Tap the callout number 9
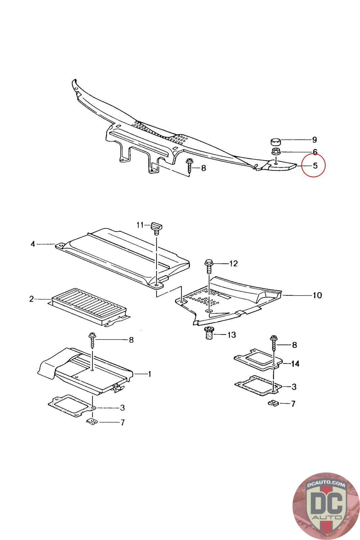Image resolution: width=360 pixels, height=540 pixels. tap(314, 140)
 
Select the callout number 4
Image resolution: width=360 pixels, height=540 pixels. tap(33, 244)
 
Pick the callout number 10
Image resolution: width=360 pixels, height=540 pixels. tap(317, 295)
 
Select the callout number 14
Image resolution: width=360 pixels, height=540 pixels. tap(295, 364)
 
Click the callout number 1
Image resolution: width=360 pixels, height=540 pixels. tap(149, 374)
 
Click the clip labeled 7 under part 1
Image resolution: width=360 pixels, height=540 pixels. tap(91, 422)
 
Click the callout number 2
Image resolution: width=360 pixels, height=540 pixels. tap(31, 299)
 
